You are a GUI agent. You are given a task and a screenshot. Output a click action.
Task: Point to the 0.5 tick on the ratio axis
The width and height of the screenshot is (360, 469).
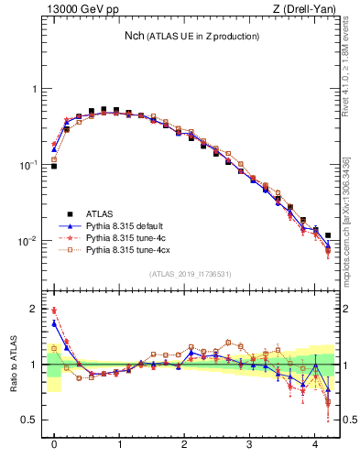(x=32, y=420)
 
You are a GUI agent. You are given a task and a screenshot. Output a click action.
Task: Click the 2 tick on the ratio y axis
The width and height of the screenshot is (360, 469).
(x=35, y=310)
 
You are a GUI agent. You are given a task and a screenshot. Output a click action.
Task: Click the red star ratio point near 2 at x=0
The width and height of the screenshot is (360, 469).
(x=54, y=311)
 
